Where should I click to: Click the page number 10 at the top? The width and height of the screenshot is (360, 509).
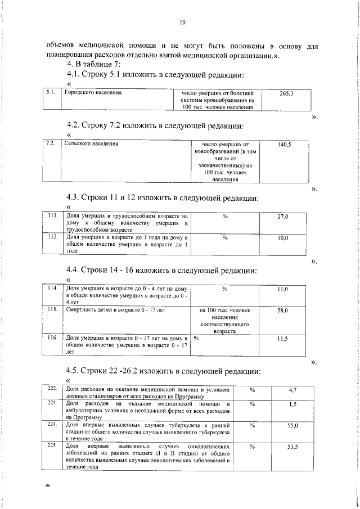(x=182, y=23)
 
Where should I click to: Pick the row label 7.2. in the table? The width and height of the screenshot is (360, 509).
(x=50, y=144)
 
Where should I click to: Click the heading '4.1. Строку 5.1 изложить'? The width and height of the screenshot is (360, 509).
(x=155, y=74)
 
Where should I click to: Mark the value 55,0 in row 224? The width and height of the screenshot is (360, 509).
(x=292, y=426)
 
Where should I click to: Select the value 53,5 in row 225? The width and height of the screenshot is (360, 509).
(x=292, y=448)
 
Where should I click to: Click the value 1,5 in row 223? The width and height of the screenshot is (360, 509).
(x=292, y=404)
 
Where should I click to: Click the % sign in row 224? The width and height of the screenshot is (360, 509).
(x=252, y=426)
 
